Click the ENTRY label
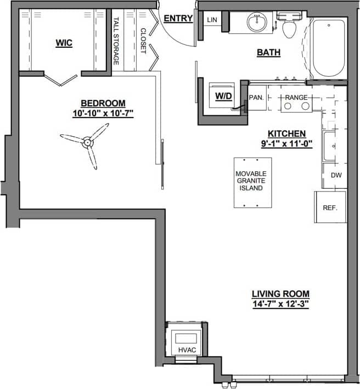click(178, 19)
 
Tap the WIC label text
click(64, 42)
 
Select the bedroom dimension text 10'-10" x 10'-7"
click(103, 114)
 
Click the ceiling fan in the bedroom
click(86, 143)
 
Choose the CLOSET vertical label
click(143, 41)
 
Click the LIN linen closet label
click(212, 20)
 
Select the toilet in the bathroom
click(289, 25)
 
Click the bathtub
click(328, 48)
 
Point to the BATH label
click(269, 53)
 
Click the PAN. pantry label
click(256, 97)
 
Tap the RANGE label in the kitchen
click(296, 97)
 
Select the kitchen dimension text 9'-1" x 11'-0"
click(286, 144)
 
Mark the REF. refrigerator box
click(330, 207)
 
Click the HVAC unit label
click(187, 349)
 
